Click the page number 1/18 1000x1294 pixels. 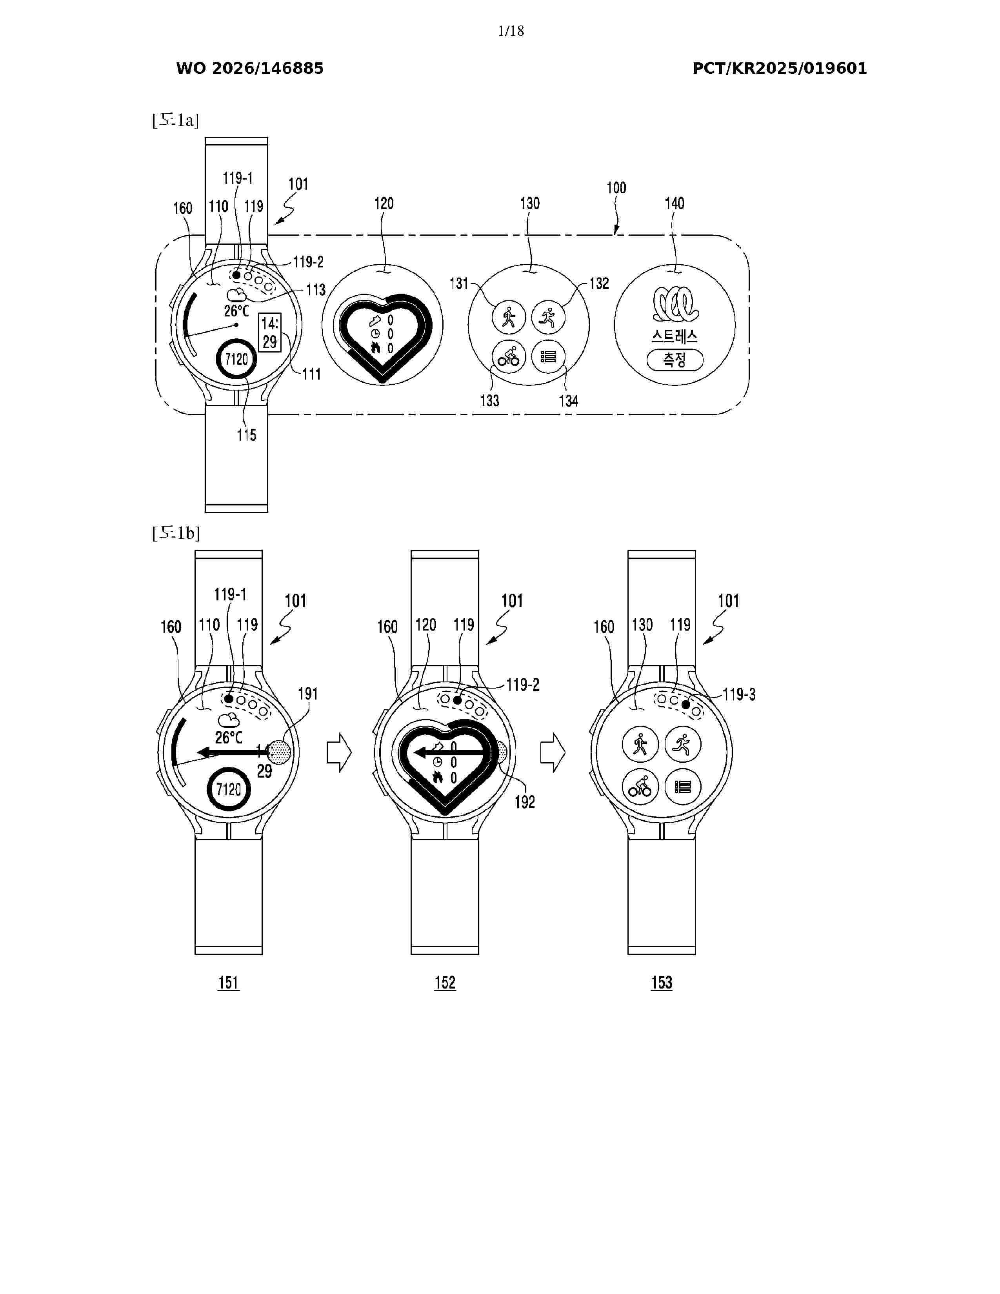click(511, 31)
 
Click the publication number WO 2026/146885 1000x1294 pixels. click(250, 68)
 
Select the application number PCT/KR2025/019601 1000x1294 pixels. click(780, 68)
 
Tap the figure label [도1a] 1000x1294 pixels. click(175, 120)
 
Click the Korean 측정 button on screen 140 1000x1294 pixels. click(675, 360)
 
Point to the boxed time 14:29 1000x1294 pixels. click(270, 333)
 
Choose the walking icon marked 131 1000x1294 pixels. click(508, 317)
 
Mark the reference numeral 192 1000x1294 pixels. click(525, 802)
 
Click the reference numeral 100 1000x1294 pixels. click(616, 188)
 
